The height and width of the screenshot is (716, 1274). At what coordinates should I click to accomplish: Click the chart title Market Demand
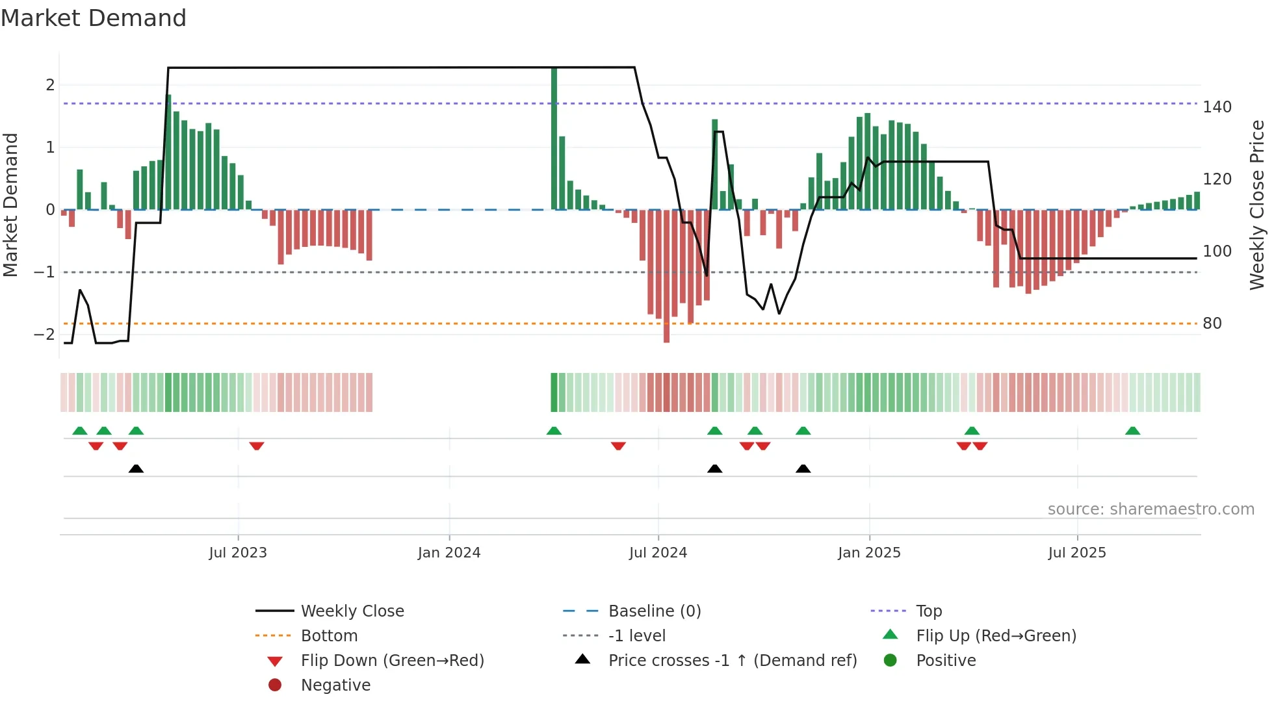(x=94, y=18)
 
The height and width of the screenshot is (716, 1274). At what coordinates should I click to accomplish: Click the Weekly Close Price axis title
(x=1257, y=205)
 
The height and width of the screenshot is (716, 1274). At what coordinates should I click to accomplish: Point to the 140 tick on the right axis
(x=1217, y=107)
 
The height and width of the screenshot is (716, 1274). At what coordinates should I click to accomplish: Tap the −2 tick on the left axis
(x=44, y=335)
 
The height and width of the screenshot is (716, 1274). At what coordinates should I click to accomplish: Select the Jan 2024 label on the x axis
(x=449, y=553)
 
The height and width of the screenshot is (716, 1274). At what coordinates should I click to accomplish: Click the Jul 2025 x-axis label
(x=1077, y=553)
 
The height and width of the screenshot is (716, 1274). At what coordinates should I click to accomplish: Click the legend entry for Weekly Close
(x=352, y=611)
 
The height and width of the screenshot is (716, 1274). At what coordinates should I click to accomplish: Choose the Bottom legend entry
(x=329, y=636)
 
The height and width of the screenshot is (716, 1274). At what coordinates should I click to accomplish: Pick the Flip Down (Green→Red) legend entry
(x=392, y=661)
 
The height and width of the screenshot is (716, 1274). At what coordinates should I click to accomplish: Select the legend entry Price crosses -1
(x=732, y=661)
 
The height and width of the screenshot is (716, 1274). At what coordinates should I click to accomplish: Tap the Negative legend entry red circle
(x=275, y=685)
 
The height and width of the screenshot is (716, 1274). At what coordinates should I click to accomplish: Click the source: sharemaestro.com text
(x=1150, y=509)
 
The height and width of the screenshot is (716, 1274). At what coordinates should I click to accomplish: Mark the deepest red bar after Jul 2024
(x=666, y=276)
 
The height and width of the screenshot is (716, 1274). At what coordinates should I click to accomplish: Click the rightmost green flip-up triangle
(x=1132, y=431)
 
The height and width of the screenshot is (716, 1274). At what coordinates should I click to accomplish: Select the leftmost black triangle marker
(x=136, y=468)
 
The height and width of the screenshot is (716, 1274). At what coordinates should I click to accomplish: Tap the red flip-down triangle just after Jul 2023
(x=257, y=446)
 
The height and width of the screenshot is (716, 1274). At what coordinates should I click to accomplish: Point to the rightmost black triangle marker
(x=803, y=468)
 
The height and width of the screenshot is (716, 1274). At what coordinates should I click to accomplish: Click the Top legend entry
(x=928, y=611)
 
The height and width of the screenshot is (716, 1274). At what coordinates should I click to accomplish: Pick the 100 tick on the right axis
(x=1217, y=251)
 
